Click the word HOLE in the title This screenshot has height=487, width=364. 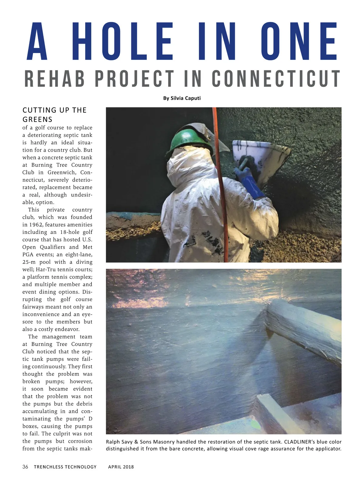[123, 42]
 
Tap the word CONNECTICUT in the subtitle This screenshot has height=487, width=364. [276, 79]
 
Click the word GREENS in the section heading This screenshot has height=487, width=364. [38, 119]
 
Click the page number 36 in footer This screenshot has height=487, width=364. [25, 467]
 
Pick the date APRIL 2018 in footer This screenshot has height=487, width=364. [121, 467]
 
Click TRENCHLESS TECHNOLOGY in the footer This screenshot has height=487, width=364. [65, 467]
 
